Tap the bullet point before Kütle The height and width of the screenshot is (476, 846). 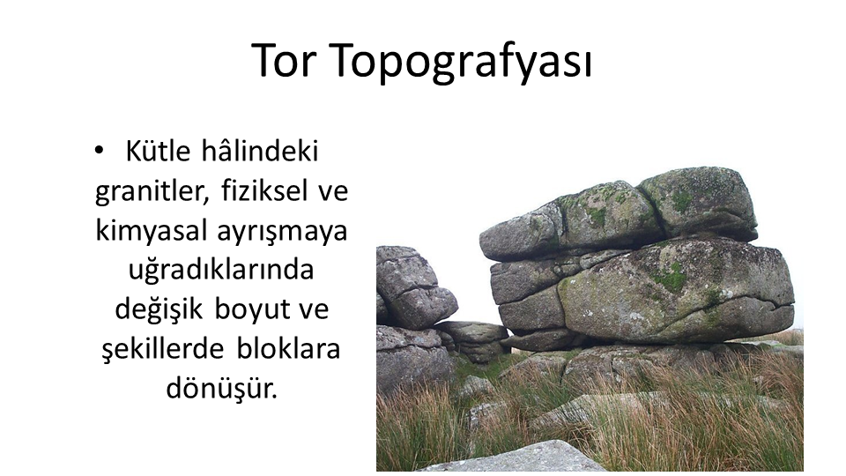[98, 150]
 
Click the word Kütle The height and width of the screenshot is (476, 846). [158, 151]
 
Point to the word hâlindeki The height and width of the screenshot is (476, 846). [259, 151]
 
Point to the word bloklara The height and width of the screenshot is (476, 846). [289, 349]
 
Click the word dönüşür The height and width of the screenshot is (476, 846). [222, 388]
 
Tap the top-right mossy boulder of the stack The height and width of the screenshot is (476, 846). [698, 203]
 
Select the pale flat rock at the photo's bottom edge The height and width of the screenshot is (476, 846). [518, 457]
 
